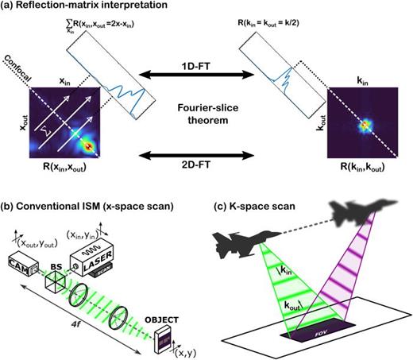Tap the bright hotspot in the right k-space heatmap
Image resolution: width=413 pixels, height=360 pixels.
366,124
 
